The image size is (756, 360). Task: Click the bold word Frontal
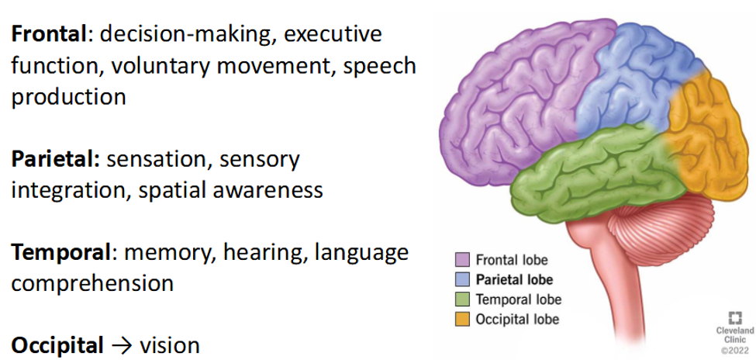coord(49,35)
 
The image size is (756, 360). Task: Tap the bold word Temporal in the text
coord(61,252)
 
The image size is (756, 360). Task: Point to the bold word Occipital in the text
coord(57,345)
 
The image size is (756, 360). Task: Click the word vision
coord(169,345)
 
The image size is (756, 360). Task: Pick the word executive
coord(332,35)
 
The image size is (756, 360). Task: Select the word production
coord(68,98)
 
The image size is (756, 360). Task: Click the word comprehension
coord(92,284)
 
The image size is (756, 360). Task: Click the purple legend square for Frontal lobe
coord(462,260)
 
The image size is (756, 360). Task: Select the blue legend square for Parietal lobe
coord(462,279)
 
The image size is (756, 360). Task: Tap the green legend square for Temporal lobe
coord(462,299)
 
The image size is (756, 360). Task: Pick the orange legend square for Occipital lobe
coord(462,319)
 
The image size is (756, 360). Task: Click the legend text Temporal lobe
coord(519,299)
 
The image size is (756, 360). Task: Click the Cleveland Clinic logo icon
coord(735,318)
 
